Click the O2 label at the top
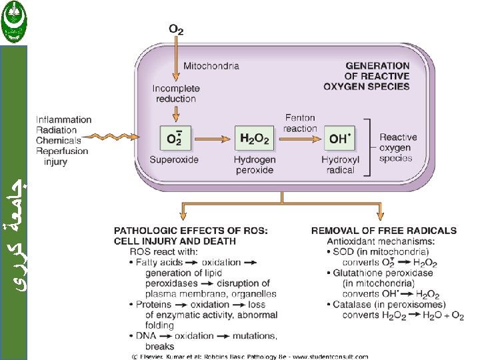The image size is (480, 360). click(x=176, y=29)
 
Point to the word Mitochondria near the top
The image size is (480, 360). click(x=211, y=66)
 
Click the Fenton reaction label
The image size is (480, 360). click(x=300, y=123)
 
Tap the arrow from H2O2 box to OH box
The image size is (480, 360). click(x=297, y=139)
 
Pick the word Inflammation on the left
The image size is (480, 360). click(x=63, y=120)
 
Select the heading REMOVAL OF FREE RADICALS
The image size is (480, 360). click(x=383, y=231)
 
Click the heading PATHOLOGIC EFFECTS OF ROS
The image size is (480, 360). click(x=191, y=231)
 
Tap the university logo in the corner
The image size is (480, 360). click(x=14, y=21)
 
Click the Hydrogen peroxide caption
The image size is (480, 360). click(x=253, y=165)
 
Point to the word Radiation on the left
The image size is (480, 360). click(x=57, y=130)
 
